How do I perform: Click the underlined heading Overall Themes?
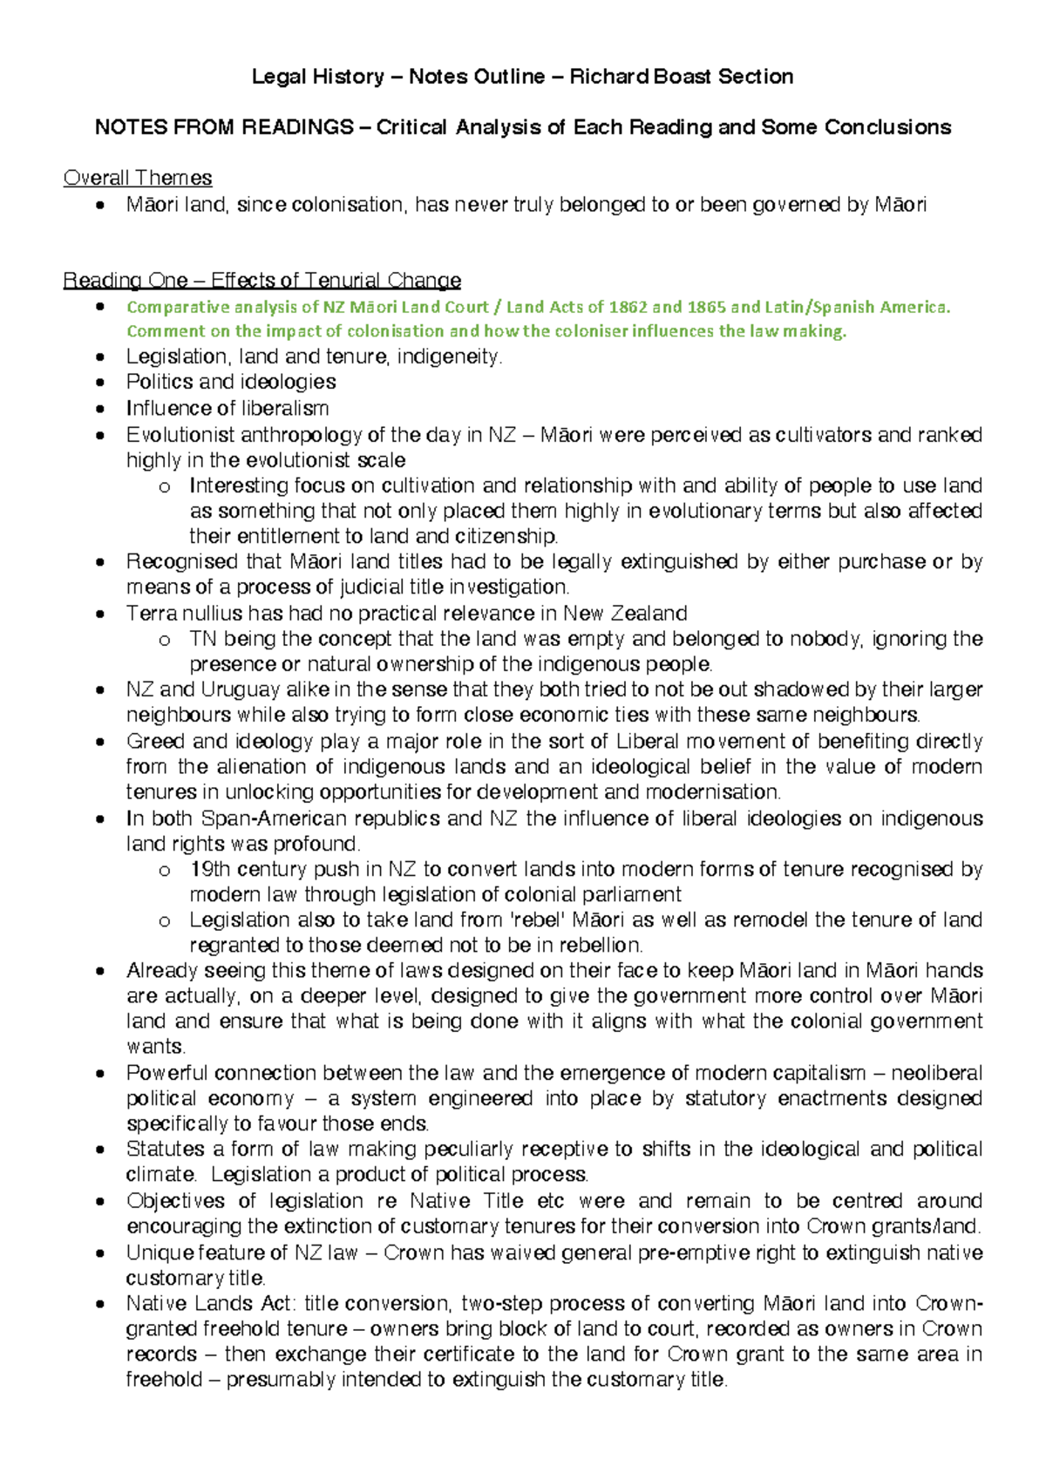138,178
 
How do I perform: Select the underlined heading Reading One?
125,281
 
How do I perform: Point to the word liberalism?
285,408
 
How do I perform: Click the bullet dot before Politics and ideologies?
103,383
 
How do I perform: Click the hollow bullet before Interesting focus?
165,486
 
